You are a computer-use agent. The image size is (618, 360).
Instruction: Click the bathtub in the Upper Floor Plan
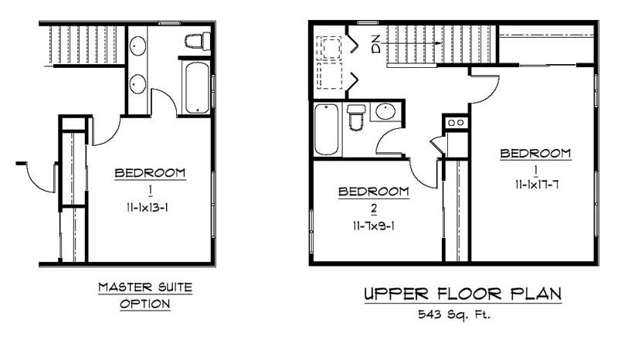326,131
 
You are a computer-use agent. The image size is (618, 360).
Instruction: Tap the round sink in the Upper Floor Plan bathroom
385,113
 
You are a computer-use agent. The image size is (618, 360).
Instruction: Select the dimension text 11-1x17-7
535,185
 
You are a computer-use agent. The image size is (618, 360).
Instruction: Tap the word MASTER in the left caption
121,288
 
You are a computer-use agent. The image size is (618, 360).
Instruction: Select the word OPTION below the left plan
144,304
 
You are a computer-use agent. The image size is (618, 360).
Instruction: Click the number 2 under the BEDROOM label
373,208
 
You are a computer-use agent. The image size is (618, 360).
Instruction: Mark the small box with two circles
454,123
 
